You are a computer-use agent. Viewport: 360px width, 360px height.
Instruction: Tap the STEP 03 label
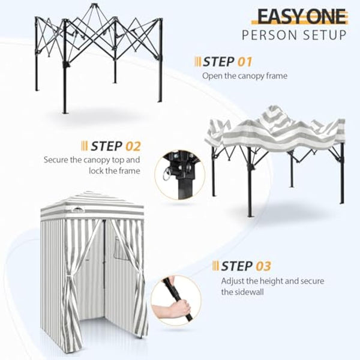245,266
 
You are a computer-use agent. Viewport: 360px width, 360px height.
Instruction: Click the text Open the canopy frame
245,76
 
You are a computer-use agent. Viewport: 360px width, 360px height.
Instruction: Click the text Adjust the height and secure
259,281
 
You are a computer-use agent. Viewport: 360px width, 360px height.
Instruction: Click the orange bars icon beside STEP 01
197,61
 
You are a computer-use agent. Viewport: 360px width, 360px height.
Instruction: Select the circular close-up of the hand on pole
175,300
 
